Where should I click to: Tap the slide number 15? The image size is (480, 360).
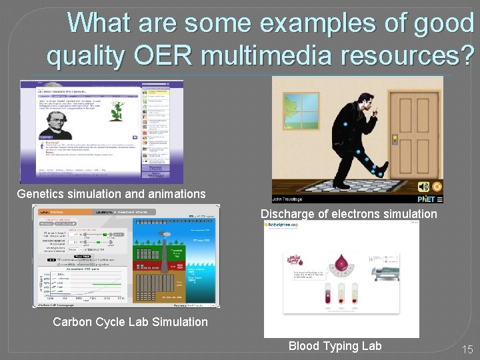pyautogui.click(x=467, y=349)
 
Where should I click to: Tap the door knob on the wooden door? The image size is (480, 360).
pyautogui.click(x=395, y=139)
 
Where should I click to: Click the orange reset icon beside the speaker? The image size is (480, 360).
pyautogui.click(x=437, y=187)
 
